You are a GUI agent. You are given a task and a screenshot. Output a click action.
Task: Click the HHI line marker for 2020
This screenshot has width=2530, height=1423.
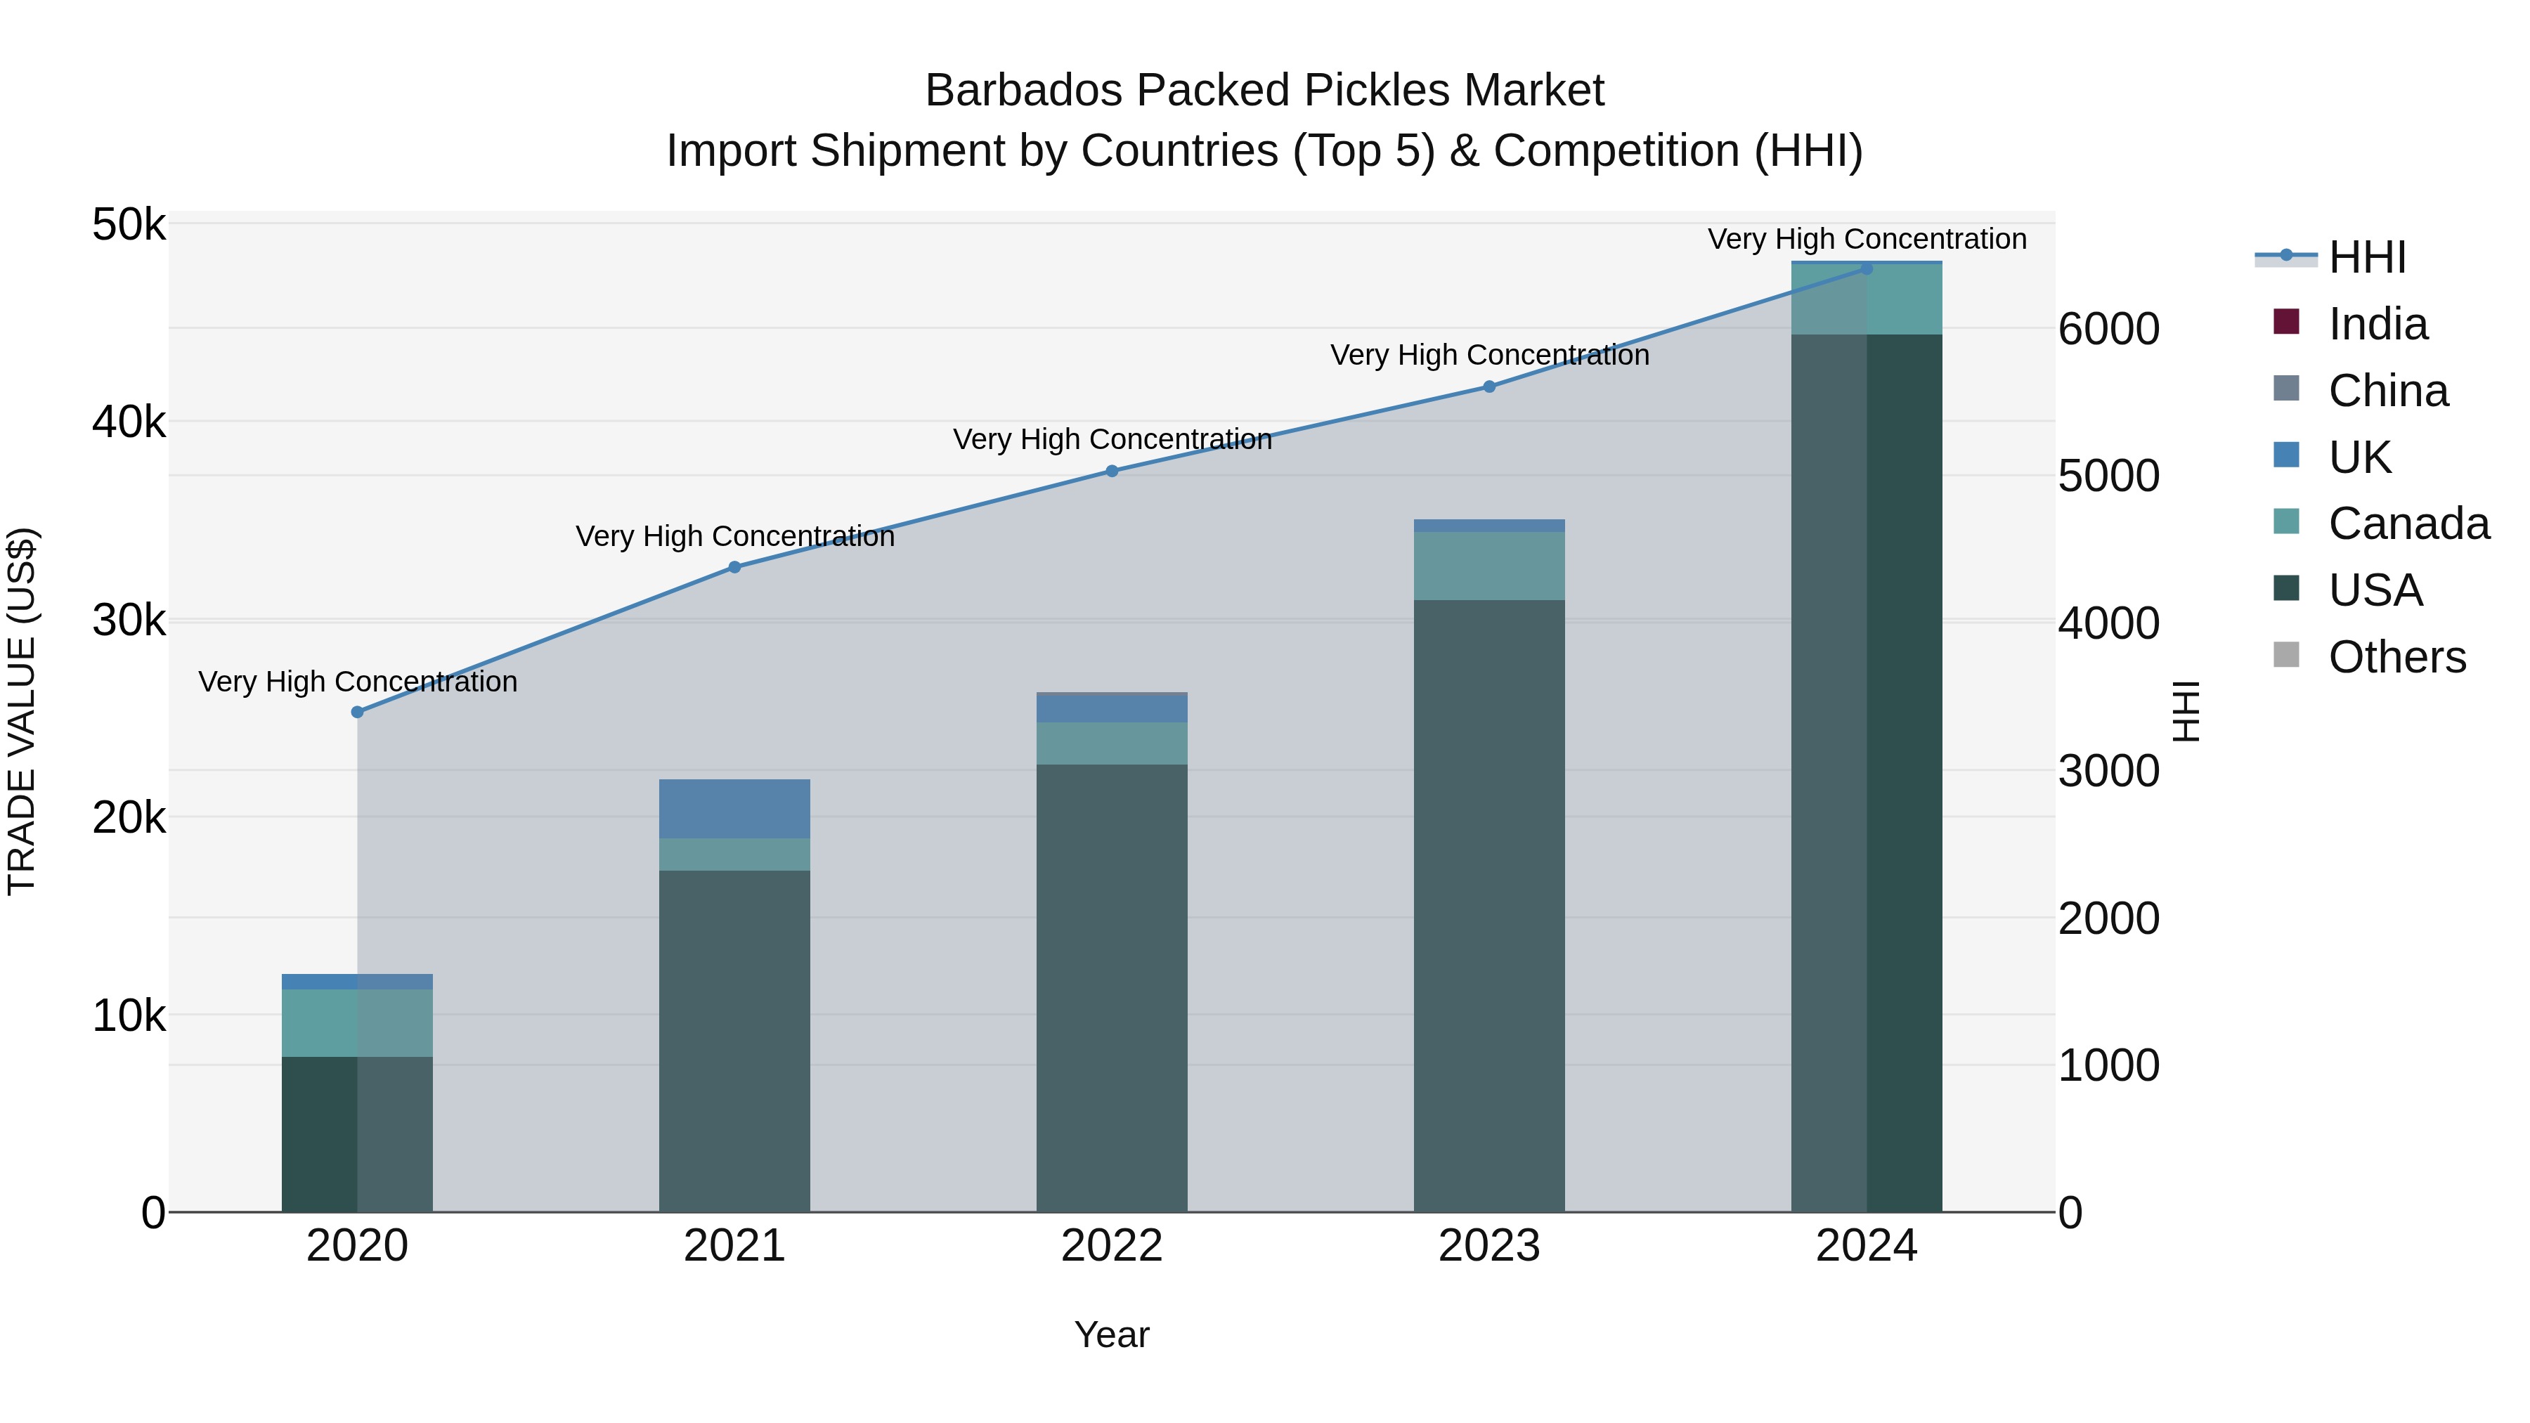click(x=358, y=712)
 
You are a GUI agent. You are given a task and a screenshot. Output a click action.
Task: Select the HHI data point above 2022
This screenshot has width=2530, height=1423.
click(x=1112, y=472)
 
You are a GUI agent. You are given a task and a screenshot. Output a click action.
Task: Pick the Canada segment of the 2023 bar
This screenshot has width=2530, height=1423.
click(x=1489, y=566)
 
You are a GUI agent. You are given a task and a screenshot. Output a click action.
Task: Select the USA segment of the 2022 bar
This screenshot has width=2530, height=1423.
click(x=1112, y=987)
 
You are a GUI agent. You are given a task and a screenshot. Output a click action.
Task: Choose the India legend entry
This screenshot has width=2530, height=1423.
click(x=2377, y=324)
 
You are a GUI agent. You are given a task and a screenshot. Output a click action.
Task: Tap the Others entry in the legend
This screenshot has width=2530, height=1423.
click(x=2396, y=657)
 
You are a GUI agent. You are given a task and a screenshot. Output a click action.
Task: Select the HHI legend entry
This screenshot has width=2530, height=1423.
click(x=2367, y=257)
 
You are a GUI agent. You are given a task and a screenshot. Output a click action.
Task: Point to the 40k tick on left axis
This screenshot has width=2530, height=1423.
click(x=129, y=422)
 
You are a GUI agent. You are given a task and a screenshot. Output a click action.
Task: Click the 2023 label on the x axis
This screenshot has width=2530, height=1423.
click(x=1489, y=1246)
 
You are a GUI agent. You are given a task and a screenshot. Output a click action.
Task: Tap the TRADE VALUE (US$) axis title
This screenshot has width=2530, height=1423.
click(x=22, y=711)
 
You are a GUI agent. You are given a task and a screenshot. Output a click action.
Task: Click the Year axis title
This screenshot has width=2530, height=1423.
click(x=1112, y=1334)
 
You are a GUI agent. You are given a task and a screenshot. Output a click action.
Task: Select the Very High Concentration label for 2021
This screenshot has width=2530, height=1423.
click(x=734, y=536)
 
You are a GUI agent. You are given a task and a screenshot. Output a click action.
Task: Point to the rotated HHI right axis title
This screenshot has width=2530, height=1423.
click(x=2186, y=711)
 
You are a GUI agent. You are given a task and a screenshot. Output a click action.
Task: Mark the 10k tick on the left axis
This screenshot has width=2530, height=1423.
click(x=129, y=1016)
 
